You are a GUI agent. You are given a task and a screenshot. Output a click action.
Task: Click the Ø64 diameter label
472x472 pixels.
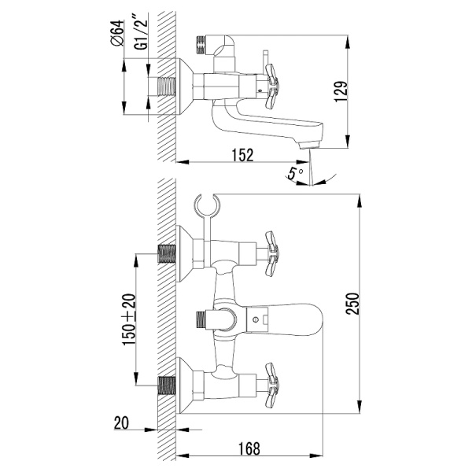click(x=117, y=33)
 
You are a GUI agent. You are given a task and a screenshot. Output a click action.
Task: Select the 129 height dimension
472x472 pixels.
click(x=341, y=91)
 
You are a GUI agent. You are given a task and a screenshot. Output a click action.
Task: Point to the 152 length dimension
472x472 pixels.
click(x=242, y=155)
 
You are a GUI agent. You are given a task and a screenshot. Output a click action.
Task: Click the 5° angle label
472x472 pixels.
click(x=293, y=173)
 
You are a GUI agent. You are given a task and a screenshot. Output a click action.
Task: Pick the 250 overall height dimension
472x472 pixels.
click(x=353, y=304)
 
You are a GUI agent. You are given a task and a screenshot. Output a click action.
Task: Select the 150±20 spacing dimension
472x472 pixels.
click(x=130, y=319)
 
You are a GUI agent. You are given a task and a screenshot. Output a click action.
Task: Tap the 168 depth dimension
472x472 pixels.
click(x=249, y=449)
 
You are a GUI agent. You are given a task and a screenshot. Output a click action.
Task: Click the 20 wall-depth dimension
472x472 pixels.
click(x=121, y=422)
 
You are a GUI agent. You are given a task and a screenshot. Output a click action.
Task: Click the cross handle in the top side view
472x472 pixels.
click(x=271, y=86)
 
